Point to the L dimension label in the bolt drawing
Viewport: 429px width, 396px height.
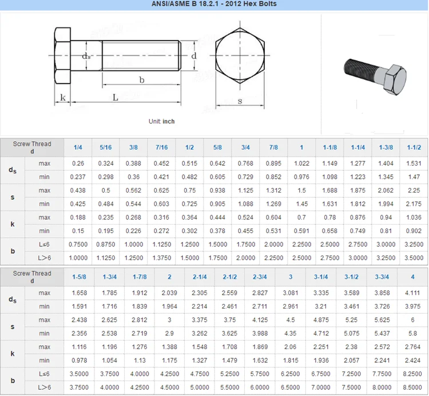point(116,97)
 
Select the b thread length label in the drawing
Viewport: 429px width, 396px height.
point(142,79)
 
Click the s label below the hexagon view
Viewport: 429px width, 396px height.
point(240,101)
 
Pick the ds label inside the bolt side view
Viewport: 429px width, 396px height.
point(86,55)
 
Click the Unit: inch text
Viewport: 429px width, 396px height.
point(162,121)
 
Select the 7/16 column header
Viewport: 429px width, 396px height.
point(161,147)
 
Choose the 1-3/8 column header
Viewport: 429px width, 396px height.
point(386,147)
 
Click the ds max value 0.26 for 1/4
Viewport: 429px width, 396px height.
point(78,163)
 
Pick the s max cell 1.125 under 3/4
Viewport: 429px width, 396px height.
point(245,190)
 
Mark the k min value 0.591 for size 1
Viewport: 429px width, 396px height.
point(301,231)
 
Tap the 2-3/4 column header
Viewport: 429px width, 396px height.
point(260,277)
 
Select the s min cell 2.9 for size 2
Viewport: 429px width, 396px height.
point(169,333)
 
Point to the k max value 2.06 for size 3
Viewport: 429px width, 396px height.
point(290,347)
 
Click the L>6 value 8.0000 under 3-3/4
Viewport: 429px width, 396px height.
point(382,387)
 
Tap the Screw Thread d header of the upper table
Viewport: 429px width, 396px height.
point(32,147)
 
